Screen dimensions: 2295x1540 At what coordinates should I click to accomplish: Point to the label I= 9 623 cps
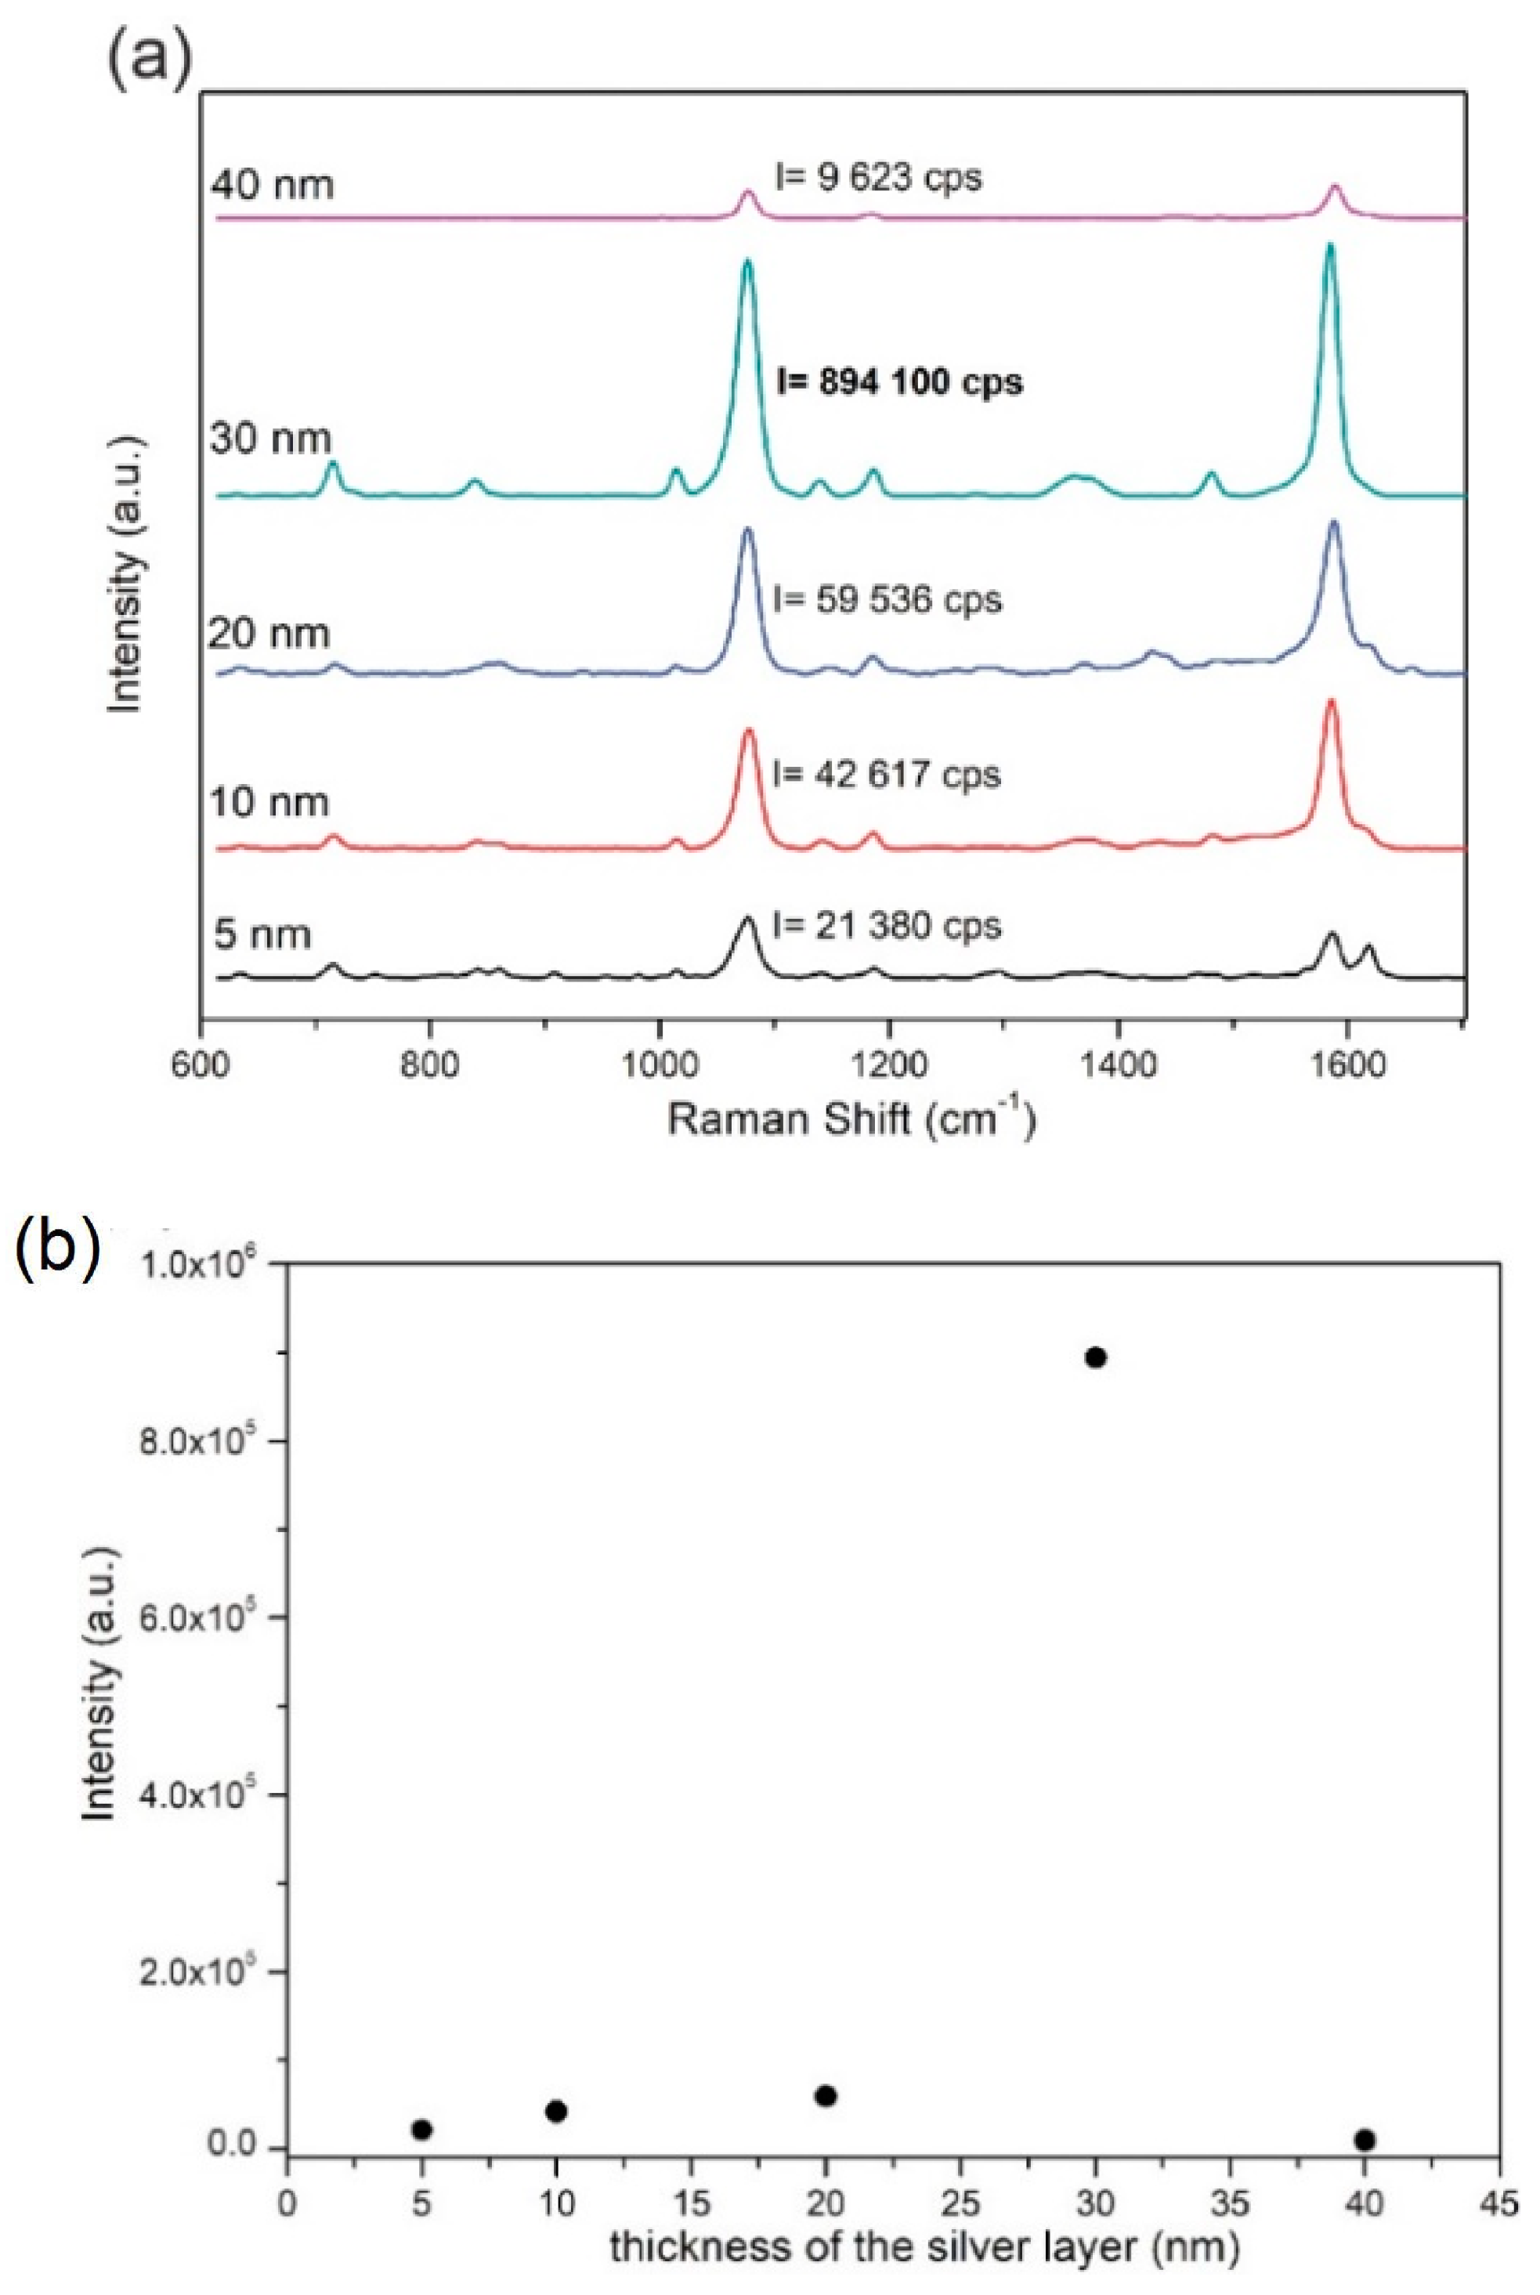pyautogui.click(x=878, y=177)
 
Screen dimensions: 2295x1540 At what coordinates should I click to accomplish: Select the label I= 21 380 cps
pyautogui.click(x=887, y=925)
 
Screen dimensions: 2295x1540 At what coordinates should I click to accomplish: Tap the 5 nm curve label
pyautogui.click(x=262, y=933)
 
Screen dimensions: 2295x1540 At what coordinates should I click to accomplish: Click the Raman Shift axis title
pyautogui.click(x=851, y=1119)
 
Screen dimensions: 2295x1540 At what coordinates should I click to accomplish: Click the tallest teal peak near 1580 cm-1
pyautogui.click(x=1331, y=248)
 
